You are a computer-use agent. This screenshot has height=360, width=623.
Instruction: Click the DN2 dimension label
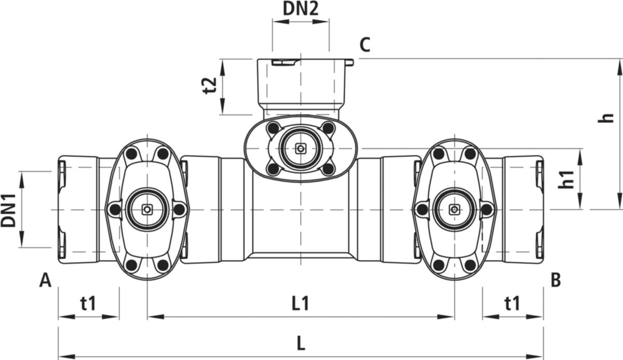click(301, 9)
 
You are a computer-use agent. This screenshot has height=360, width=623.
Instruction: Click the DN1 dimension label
click(8, 210)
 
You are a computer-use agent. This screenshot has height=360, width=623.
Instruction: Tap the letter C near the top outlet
click(365, 45)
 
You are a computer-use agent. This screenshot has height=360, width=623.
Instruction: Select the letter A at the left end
click(45, 280)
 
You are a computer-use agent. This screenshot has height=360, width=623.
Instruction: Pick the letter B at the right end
click(556, 280)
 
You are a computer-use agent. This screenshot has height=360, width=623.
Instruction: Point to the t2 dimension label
click(210, 85)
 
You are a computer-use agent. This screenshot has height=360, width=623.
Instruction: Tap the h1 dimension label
click(566, 179)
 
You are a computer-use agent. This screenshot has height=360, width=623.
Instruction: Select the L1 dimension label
click(301, 303)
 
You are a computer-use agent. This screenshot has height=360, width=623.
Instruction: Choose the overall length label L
click(301, 343)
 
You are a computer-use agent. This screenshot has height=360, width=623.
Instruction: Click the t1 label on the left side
click(88, 303)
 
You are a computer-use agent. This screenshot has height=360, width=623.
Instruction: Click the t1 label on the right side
click(512, 303)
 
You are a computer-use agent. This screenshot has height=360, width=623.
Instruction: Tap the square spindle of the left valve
click(147, 209)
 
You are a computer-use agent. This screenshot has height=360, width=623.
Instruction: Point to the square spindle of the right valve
click(454, 209)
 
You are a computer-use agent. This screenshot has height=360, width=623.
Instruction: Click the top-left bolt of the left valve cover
click(131, 154)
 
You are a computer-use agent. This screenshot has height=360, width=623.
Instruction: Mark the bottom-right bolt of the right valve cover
click(470, 265)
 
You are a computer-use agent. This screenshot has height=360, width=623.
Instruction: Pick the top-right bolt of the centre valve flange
click(328, 128)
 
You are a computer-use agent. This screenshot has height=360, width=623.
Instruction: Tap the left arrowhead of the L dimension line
click(67, 356)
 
